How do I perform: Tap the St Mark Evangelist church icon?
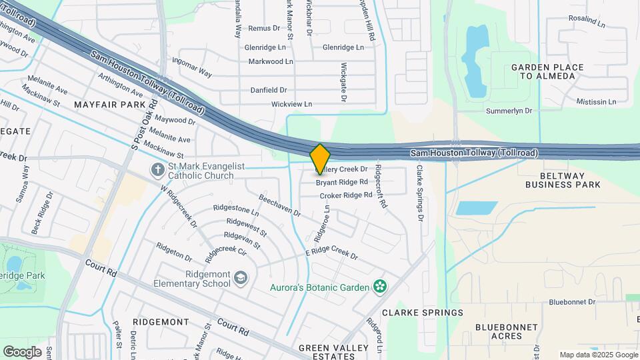[157, 169]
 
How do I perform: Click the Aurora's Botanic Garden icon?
[380, 287]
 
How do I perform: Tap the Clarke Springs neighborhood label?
[423, 312]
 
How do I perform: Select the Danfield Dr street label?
[268, 90]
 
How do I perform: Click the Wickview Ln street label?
[291, 104]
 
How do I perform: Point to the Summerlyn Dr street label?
[509, 111]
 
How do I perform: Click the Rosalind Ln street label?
[587, 22]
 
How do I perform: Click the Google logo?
[23, 351]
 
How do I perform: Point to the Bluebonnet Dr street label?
[572, 302]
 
